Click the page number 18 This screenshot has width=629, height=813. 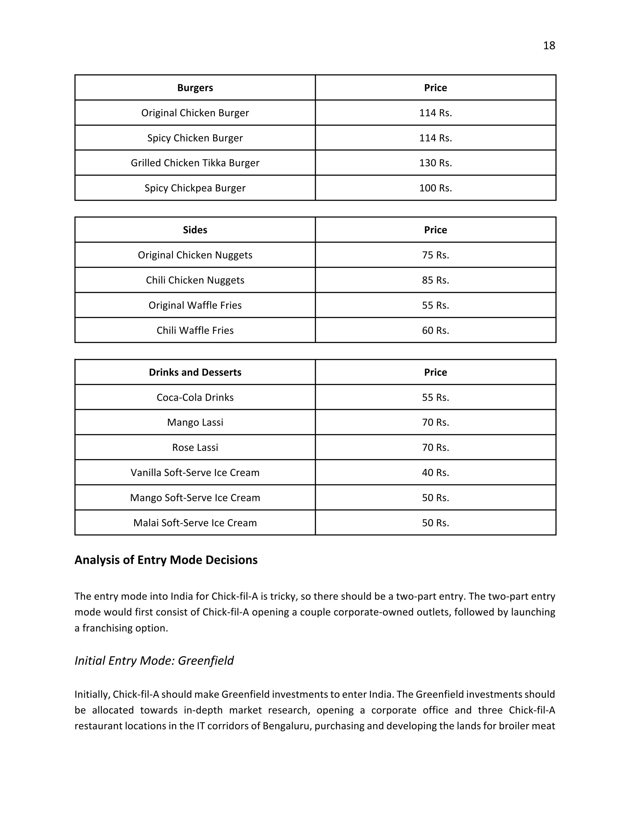point(549,45)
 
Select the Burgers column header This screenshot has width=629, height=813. point(195,88)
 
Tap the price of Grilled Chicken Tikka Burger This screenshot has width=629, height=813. point(435,163)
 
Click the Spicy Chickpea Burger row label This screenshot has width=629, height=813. point(195,188)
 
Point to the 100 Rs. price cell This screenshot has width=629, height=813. point(435,188)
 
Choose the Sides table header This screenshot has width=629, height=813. point(195,230)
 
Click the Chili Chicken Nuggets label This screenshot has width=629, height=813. point(195,280)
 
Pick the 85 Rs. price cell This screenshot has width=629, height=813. point(435,280)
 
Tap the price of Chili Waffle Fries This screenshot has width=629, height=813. point(435,330)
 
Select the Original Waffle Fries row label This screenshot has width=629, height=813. point(195,306)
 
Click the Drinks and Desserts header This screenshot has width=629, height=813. point(195,372)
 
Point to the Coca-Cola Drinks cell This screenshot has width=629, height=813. point(195,398)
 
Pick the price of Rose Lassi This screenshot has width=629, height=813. point(435,447)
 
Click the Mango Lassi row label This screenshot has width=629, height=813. point(195,422)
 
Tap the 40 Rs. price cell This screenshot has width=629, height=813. point(435,473)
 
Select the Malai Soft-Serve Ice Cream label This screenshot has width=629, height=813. point(195,523)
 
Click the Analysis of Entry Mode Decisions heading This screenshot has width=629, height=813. point(166,560)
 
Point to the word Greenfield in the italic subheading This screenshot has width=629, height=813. point(206,661)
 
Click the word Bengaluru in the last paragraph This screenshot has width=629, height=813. point(287,726)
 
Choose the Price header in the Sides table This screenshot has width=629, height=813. point(435,230)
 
